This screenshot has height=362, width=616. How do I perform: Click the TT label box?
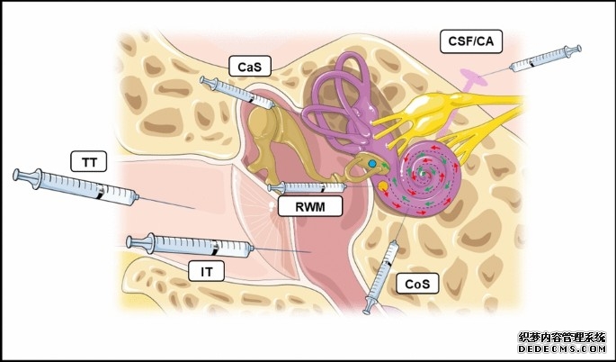(x=89, y=162)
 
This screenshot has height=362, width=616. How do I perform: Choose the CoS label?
(x=416, y=285)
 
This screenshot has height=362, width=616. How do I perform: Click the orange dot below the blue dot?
(x=384, y=186)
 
